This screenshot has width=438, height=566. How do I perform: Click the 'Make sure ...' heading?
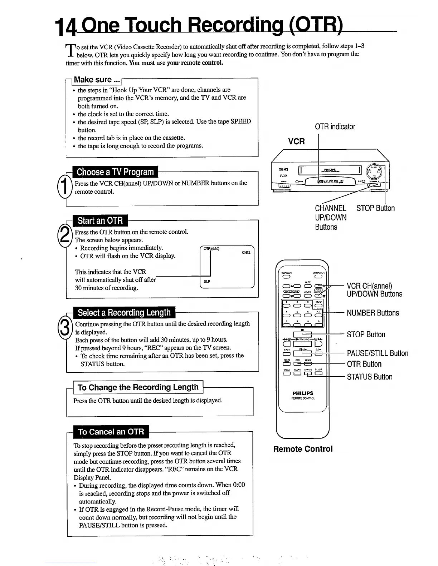(97, 80)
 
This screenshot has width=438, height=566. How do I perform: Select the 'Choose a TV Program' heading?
(115, 172)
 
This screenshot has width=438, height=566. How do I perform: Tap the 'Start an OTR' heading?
(100, 220)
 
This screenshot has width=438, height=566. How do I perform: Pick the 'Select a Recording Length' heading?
(124, 313)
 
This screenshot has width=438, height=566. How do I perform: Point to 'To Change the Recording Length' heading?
(138, 387)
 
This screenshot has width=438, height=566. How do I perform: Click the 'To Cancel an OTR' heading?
(111, 432)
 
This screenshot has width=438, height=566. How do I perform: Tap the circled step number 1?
(64, 187)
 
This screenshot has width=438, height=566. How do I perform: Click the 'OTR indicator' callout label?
(335, 127)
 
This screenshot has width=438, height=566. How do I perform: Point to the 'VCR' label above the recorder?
(296, 141)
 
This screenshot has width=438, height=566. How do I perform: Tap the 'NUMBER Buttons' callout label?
(373, 313)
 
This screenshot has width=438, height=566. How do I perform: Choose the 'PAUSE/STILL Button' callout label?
(378, 353)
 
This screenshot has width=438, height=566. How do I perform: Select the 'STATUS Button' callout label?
(370, 377)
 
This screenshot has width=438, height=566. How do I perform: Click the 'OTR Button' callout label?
(364, 364)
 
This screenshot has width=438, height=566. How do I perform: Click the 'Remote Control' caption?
(303, 449)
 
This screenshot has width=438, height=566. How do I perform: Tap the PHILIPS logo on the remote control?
(303, 393)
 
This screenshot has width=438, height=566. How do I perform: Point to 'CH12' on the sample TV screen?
(246, 253)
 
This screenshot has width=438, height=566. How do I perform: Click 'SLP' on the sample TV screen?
(207, 282)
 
